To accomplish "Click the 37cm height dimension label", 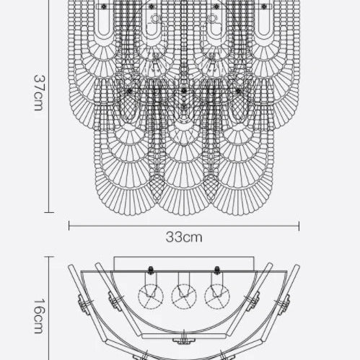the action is click(38, 93).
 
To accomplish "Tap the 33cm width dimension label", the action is click(184, 237).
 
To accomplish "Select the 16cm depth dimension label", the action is click(38, 316).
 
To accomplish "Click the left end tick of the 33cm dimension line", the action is click(69, 226).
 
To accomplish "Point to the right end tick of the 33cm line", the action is click(299, 226).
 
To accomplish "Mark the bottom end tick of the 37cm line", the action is click(49, 212).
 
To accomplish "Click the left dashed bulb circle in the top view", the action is click(151, 297).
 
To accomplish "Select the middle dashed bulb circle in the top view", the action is click(184, 297).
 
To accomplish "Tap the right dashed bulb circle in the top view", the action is click(217, 297).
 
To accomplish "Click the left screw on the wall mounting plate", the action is click(151, 270).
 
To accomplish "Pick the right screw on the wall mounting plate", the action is click(217, 270).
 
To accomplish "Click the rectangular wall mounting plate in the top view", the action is click(184, 264).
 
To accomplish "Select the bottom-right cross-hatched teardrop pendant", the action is click(211, 188).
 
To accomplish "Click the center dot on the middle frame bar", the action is click(184, 91).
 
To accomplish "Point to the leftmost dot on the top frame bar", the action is click(104, 6).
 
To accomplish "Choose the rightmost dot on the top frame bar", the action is click(264, 6).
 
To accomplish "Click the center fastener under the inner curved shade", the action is click(184, 340).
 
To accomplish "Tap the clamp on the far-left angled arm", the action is click(84, 304).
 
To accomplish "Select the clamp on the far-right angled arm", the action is click(284, 304).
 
